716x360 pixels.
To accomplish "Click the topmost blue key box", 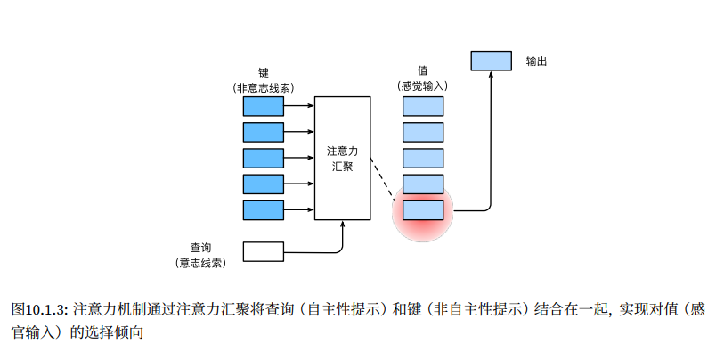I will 264,107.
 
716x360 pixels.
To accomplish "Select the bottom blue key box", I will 264,210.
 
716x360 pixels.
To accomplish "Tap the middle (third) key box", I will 264,159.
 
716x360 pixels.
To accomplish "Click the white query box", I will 264,251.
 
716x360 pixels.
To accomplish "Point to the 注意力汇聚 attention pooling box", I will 342,157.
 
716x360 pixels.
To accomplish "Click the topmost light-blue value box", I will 422,107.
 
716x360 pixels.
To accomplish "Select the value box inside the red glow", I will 422,210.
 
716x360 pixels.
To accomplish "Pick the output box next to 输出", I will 491,61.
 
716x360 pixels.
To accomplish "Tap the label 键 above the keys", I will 264,72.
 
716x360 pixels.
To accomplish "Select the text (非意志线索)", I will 264,87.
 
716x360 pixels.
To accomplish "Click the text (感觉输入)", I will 422,87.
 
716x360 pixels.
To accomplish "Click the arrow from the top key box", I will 299,107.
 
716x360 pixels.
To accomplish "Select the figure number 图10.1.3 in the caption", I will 40,309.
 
